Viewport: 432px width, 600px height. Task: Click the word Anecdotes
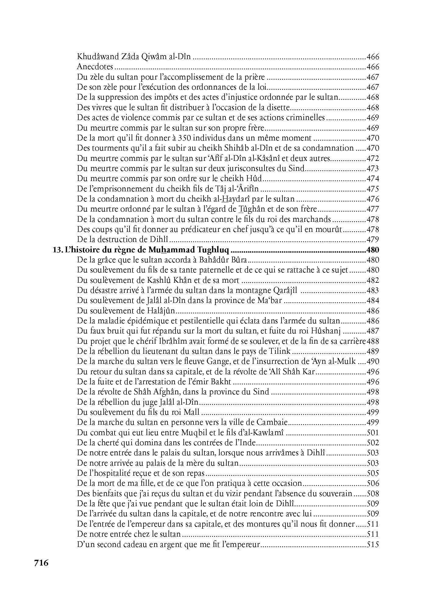(x=95, y=67)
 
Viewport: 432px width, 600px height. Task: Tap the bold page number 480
(x=373, y=250)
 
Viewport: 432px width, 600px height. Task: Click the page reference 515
(x=373, y=544)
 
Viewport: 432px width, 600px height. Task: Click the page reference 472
(x=373, y=158)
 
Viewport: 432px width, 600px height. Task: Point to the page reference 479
(x=373, y=240)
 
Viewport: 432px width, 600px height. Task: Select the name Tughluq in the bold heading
(x=213, y=250)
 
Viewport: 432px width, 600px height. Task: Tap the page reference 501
(x=373, y=433)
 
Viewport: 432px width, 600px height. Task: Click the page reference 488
(x=373, y=341)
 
